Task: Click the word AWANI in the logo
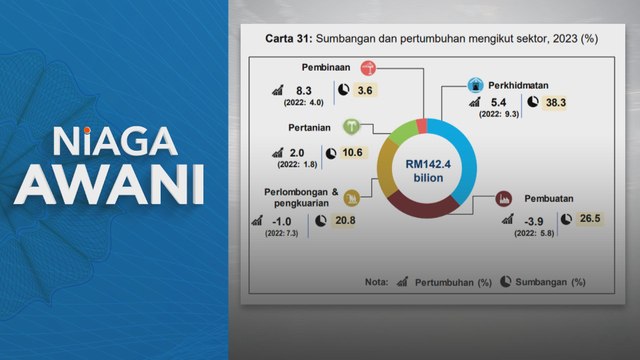[112, 186]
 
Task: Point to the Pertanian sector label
[306, 127]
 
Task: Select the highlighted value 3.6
[365, 91]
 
